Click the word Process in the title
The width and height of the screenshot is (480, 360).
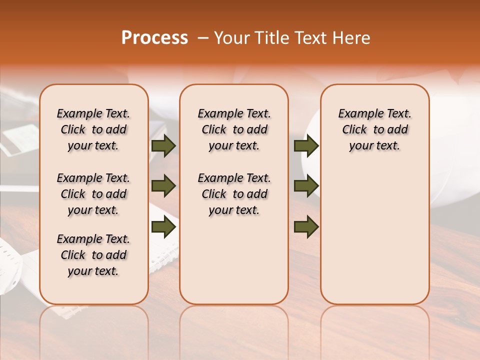154,38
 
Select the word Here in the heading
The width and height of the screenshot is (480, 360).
352,38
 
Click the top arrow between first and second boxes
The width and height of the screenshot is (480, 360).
163,146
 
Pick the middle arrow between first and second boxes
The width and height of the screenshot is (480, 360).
163,186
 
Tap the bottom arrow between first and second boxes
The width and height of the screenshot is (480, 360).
163,227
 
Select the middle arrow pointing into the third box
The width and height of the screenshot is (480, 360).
306,186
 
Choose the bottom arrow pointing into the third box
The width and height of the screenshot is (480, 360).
306,227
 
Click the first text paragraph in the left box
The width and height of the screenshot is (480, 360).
93,129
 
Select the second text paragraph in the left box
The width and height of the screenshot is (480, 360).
93,194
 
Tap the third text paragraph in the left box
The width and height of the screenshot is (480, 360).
93,255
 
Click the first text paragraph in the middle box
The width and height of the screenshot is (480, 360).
234,129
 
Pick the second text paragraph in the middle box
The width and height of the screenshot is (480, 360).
234,194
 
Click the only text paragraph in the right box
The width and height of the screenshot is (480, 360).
374,129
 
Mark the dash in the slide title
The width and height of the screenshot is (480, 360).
203,38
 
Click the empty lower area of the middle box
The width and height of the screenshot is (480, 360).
234,260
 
